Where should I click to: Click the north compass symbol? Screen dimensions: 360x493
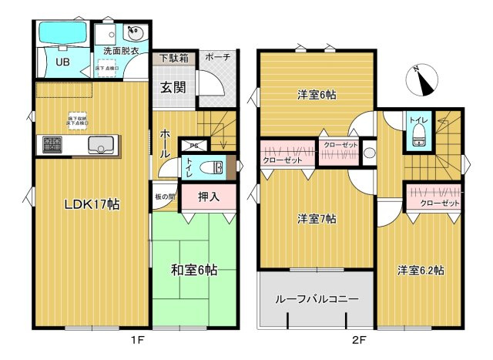point(423,78)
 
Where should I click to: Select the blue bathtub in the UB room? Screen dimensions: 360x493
point(62,35)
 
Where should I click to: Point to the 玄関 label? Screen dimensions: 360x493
point(173,87)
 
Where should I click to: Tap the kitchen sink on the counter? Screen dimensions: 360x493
point(101,144)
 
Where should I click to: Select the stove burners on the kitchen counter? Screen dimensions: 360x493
point(52,144)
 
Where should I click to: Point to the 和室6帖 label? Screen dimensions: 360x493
point(193,270)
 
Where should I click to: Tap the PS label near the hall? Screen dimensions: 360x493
point(193,144)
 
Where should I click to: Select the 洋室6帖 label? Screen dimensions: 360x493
point(317,95)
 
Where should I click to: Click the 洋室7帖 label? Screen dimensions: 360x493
point(317,219)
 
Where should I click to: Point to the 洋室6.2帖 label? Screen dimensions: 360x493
point(420,270)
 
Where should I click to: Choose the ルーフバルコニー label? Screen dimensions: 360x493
point(317,299)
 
